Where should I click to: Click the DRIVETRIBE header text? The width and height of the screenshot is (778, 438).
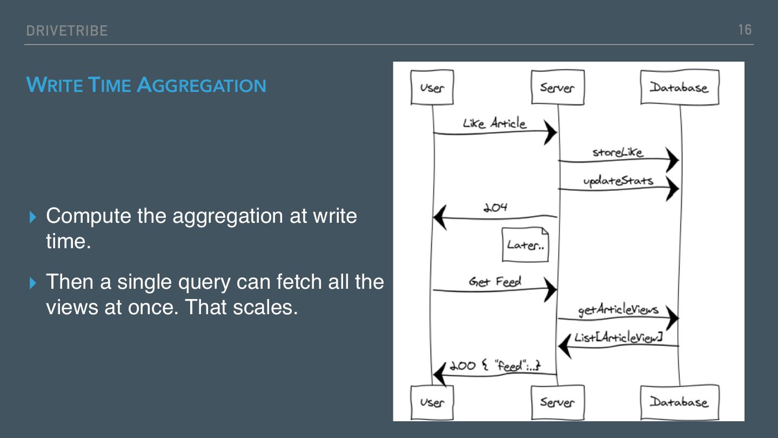(66, 31)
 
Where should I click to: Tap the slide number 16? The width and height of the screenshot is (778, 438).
(745, 30)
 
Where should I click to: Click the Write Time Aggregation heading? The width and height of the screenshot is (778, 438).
(146, 85)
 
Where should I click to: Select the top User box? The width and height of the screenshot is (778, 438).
(432, 87)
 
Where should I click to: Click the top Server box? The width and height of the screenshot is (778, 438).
(557, 87)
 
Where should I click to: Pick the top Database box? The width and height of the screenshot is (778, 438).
(679, 87)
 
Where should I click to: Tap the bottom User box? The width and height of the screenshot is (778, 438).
(432, 402)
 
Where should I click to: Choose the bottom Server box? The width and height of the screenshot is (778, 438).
(557, 402)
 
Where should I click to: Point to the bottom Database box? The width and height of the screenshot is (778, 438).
(679, 402)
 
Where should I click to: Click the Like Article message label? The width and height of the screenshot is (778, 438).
(494, 123)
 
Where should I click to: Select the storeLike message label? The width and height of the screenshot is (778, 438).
(618, 152)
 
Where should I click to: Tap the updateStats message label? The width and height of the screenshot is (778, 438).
(618, 181)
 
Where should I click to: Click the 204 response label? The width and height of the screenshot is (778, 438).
(495, 208)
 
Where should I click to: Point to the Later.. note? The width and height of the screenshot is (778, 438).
(525, 245)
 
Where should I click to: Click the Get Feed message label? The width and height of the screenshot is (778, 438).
(495, 282)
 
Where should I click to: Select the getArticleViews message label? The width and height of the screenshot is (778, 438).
(618, 310)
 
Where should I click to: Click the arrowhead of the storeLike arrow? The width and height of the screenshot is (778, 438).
(672, 160)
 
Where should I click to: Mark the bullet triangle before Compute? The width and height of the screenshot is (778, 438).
(33, 217)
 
